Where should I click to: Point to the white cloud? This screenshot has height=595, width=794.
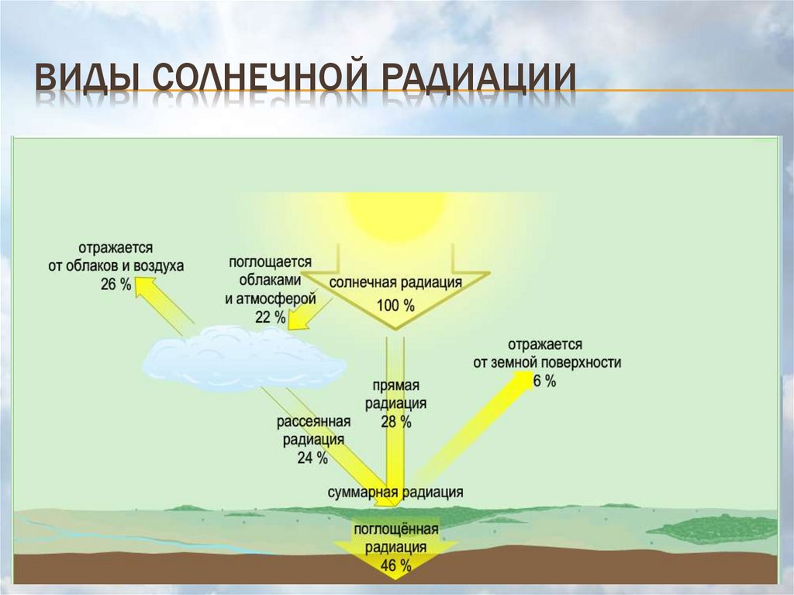point(243,358)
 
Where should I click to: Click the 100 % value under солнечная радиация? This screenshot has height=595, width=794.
point(395,306)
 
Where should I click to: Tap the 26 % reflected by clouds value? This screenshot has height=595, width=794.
point(116,284)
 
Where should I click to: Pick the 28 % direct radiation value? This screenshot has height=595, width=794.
point(395,422)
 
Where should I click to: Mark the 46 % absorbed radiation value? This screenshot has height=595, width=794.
point(395,566)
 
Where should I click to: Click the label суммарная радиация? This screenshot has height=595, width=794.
point(395,492)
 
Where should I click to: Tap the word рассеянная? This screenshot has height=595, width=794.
point(313,421)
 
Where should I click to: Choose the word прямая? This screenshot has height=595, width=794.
point(395,386)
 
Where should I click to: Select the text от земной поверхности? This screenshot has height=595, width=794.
point(547,361)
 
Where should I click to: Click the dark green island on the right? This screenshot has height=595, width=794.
point(713,529)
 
